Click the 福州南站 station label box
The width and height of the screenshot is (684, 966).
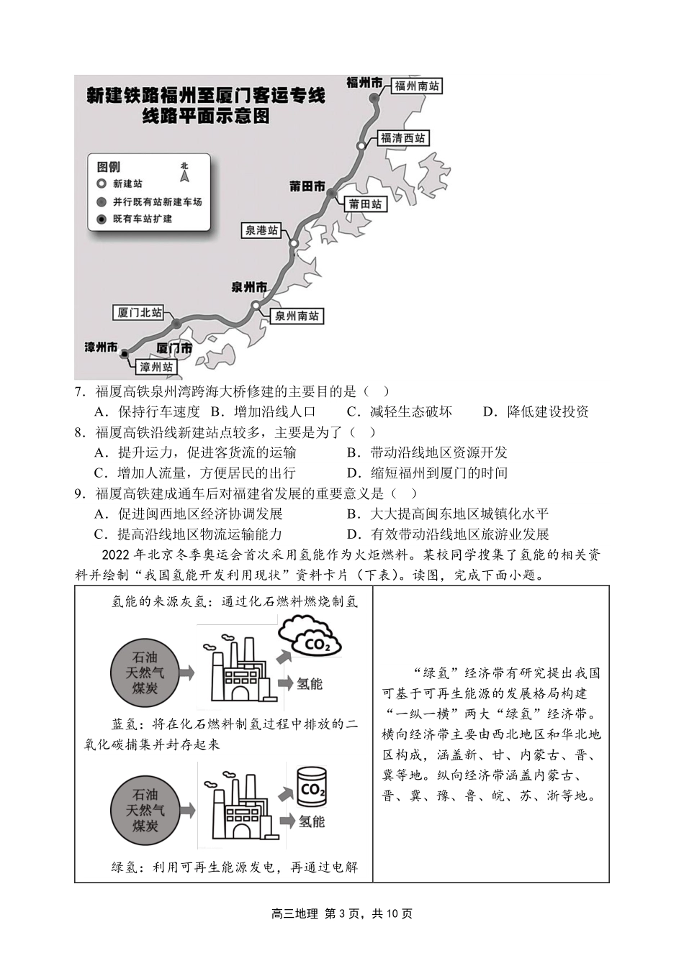pos(417,86)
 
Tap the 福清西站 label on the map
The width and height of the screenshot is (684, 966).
pos(402,138)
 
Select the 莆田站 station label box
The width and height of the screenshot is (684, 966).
pos(365,204)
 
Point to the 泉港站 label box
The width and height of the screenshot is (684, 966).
pos(261,230)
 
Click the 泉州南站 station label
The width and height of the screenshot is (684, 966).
pos(297,316)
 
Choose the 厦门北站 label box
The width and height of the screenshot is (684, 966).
pos(140,313)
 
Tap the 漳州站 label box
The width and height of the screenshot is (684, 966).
pos(156,367)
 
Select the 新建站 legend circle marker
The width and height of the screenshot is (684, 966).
pos(102,183)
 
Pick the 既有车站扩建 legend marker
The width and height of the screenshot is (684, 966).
pos(102,219)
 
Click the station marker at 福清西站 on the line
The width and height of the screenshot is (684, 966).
pos(361,146)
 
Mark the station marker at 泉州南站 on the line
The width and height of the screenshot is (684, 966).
pos(256,306)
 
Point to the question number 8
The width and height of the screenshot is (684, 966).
pos(80,432)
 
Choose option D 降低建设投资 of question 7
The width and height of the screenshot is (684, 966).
pos(536,412)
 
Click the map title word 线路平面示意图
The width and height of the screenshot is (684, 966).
pos(206,117)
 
